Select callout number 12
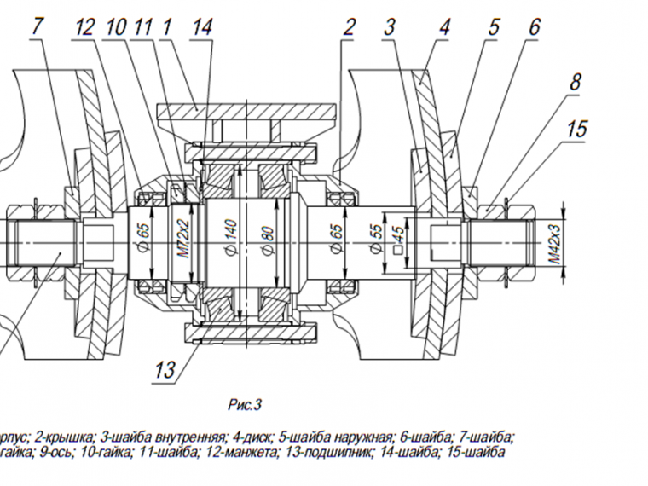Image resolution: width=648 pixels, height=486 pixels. coord(84,26)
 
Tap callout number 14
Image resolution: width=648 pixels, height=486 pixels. coord(201,26)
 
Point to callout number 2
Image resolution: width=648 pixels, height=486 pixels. coord(348,26)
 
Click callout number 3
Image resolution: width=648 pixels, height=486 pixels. coord(390,26)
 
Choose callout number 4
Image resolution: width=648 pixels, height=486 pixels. coord(444,26)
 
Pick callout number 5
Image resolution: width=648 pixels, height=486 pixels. coord(493,26)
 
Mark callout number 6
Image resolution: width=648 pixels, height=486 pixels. coord(534,26)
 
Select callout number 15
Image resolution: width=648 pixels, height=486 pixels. coord(577,130)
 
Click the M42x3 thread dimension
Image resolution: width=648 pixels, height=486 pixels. coord(553,244)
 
